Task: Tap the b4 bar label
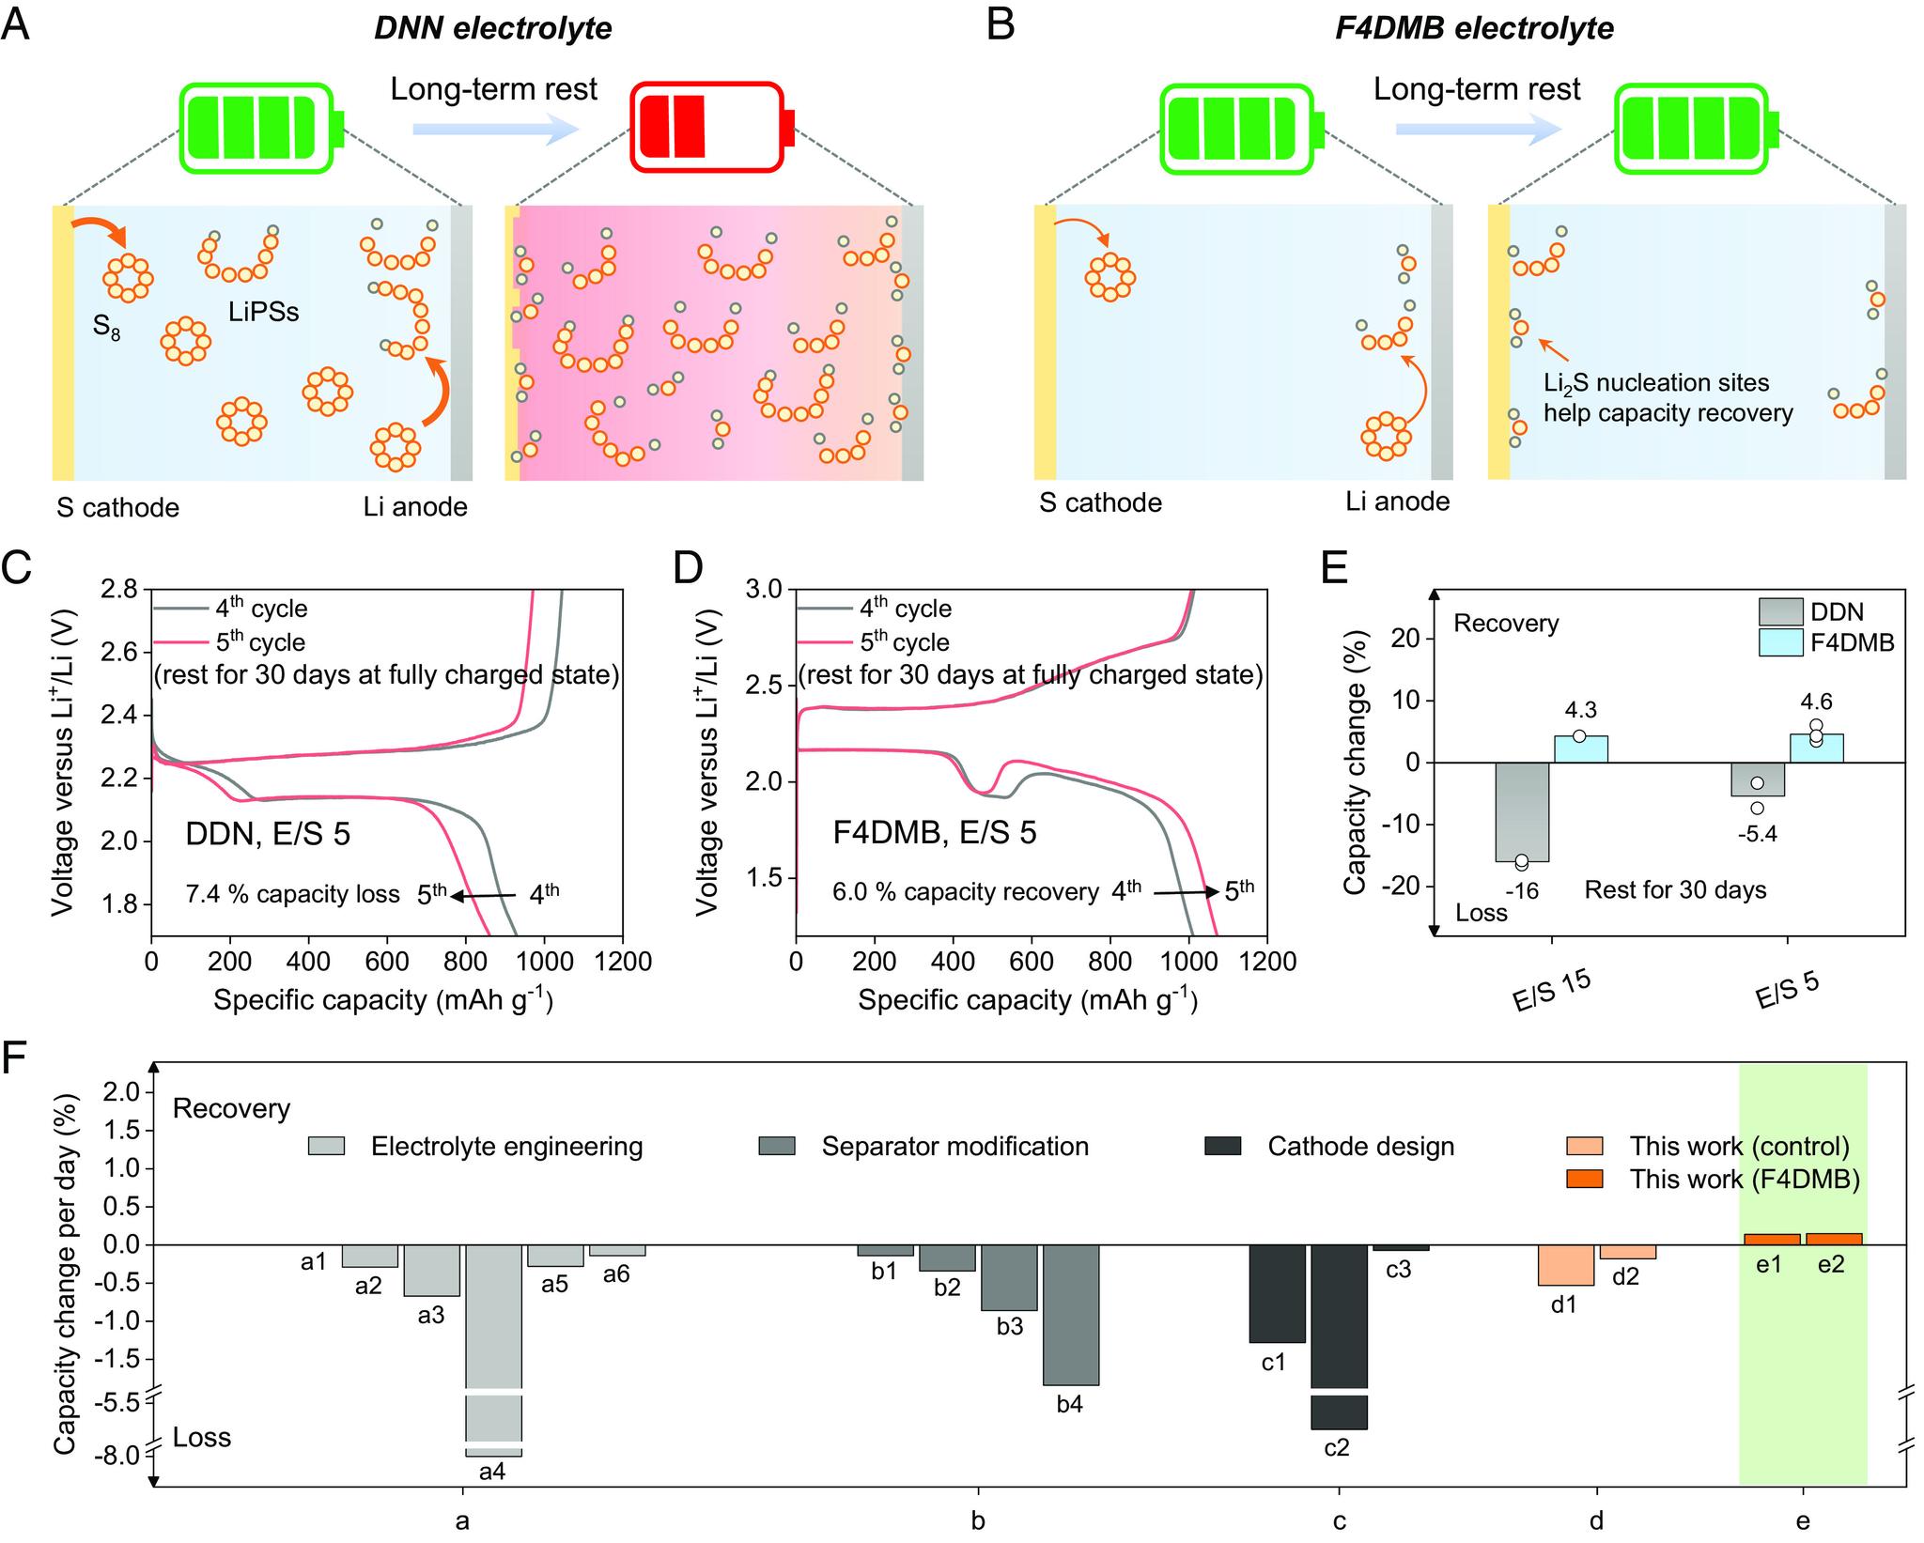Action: (1070, 1405)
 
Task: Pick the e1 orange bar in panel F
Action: (1772, 1240)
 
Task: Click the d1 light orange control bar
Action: (1565, 1265)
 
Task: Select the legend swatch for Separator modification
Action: (776, 1146)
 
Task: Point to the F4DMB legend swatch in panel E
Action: (1780, 642)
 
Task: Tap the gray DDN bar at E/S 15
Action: (1521, 811)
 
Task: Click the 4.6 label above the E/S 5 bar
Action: (1815, 702)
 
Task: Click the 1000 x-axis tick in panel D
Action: (1188, 962)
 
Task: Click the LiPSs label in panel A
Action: (263, 312)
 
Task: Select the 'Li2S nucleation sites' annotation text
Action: (1656, 383)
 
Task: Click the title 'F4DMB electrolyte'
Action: (1474, 29)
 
